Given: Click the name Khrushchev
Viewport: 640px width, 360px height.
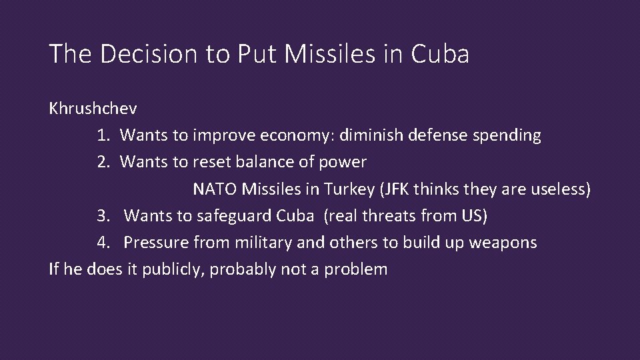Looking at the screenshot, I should pyautogui.click(x=93, y=109).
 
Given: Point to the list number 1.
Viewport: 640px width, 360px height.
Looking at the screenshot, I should pyautogui.click(x=102, y=135).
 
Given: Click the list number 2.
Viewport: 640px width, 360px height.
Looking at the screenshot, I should pyautogui.click(x=102, y=162).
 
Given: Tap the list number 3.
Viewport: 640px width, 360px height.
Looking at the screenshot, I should pyautogui.click(x=102, y=215).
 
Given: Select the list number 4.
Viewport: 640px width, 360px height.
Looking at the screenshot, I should pyautogui.click(x=102, y=242).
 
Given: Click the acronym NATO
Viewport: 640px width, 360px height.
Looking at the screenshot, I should pyautogui.click(x=215, y=189).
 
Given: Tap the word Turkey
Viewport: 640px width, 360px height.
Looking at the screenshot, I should pyautogui.click(x=349, y=189).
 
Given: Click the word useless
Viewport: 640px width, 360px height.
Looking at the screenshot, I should pyautogui.click(x=561, y=189).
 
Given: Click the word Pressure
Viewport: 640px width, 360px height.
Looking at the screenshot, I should pyautogui.click(x=154, y=242).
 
